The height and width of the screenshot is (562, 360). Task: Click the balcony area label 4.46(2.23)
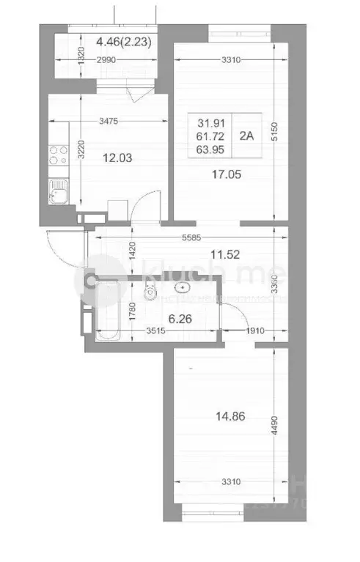[124, 42]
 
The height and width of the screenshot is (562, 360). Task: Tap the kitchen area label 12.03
[98, 157]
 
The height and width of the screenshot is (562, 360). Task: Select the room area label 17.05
[227, 175]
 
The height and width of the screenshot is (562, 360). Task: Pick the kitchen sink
[56, 195]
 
